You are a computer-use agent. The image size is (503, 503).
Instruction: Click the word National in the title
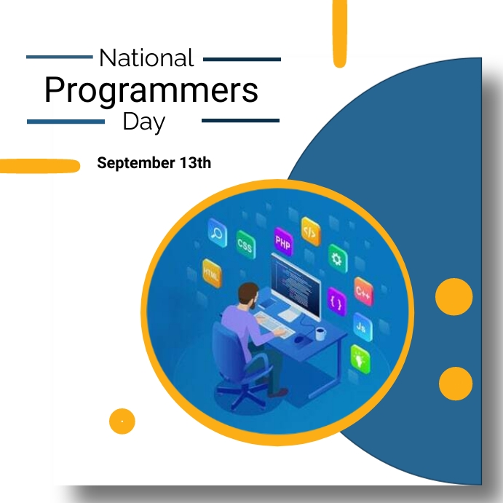146,58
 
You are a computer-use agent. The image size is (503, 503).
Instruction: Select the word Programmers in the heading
151,90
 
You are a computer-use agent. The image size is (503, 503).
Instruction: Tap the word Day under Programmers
143,121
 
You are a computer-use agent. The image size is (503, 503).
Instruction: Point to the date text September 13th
154,163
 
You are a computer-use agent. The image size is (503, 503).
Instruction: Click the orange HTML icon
211,273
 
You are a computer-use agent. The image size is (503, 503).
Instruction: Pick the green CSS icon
245,245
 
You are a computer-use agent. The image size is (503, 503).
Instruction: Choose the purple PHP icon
282,241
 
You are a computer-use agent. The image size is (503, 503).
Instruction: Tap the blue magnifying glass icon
216,233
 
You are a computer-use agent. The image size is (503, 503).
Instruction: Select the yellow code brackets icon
310,231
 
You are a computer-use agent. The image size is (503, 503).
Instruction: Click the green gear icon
336,258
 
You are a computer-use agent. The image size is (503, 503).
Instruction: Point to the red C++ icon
363,291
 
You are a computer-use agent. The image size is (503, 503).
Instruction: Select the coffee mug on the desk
320,333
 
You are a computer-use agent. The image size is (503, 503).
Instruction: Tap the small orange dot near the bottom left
122,421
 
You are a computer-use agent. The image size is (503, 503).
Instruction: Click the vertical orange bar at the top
339,33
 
